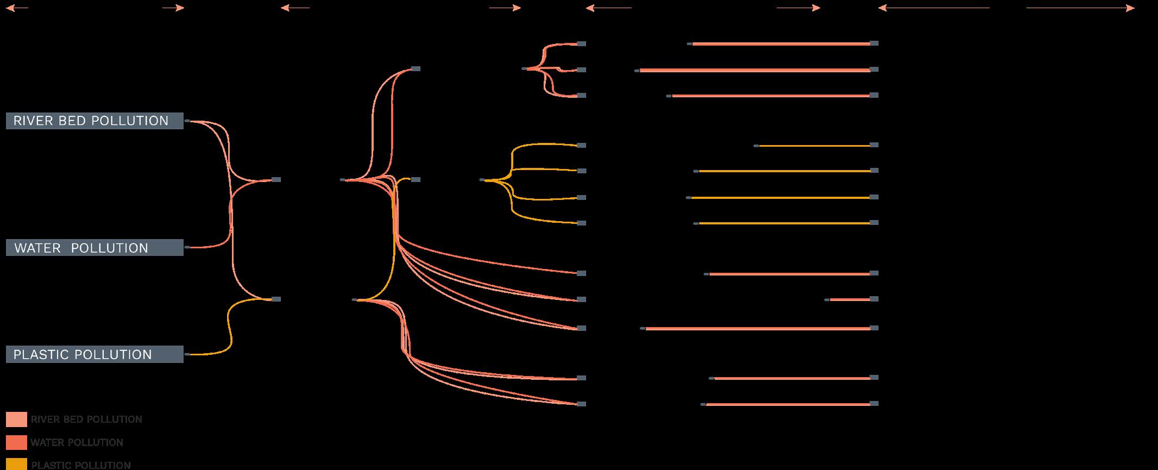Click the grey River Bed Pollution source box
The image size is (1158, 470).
tap(95, 121)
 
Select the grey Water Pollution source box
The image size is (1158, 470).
tap(95, 248)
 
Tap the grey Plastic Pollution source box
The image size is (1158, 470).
tap(95, 354)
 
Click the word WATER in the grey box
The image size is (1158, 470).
tap(37, 248)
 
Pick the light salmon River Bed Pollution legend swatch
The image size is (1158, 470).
tap(16, 419)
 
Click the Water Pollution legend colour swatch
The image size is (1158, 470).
tap(16, 442)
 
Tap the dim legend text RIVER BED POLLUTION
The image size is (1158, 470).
tap(86, 419)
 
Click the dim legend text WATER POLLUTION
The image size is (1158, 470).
tap(77, 442)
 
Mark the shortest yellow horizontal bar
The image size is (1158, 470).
tap(815, 146)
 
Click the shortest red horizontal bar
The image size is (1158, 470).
tap(850, 299)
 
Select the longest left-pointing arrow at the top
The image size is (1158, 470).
tap(934, 8)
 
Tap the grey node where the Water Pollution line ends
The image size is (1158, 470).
tap(276, 179)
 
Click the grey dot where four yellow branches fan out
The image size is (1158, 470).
tap(482, 180)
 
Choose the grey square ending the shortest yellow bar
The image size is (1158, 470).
tap(874, 145)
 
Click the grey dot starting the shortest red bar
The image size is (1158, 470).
tap(827, 299)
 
